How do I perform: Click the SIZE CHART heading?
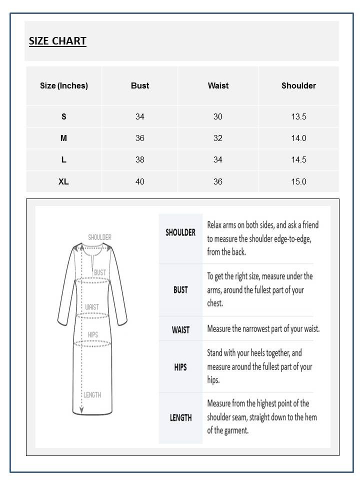click(x=57, y=41)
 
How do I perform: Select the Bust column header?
click(x=140, y=85)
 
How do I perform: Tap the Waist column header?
click(x=218, y=85)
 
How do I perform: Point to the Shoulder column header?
click(x=298, y=85)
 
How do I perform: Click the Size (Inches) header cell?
click(x=64, y=85)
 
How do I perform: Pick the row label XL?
click(x=63, y=181)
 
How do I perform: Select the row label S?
click(x=63, y=116)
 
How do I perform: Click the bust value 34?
click(x=140, y=116)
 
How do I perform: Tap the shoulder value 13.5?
click(x=298, y=116)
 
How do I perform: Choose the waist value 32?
click(x=218, y=138)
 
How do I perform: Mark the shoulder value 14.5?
click(x=298, y=160)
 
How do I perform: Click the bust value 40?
click(x=140, y=181)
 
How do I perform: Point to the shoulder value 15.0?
click(x=298, y=181)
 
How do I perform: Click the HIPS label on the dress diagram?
click(x=93, y=334)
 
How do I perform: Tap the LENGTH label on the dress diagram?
click(x=92, y=395)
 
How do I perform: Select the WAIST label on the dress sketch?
click(x=92, y=307)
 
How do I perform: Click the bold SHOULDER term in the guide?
click(x=180, y=232)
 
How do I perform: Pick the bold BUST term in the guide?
click(x=180, y=290)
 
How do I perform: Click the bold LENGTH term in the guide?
click(x=180, y=417)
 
